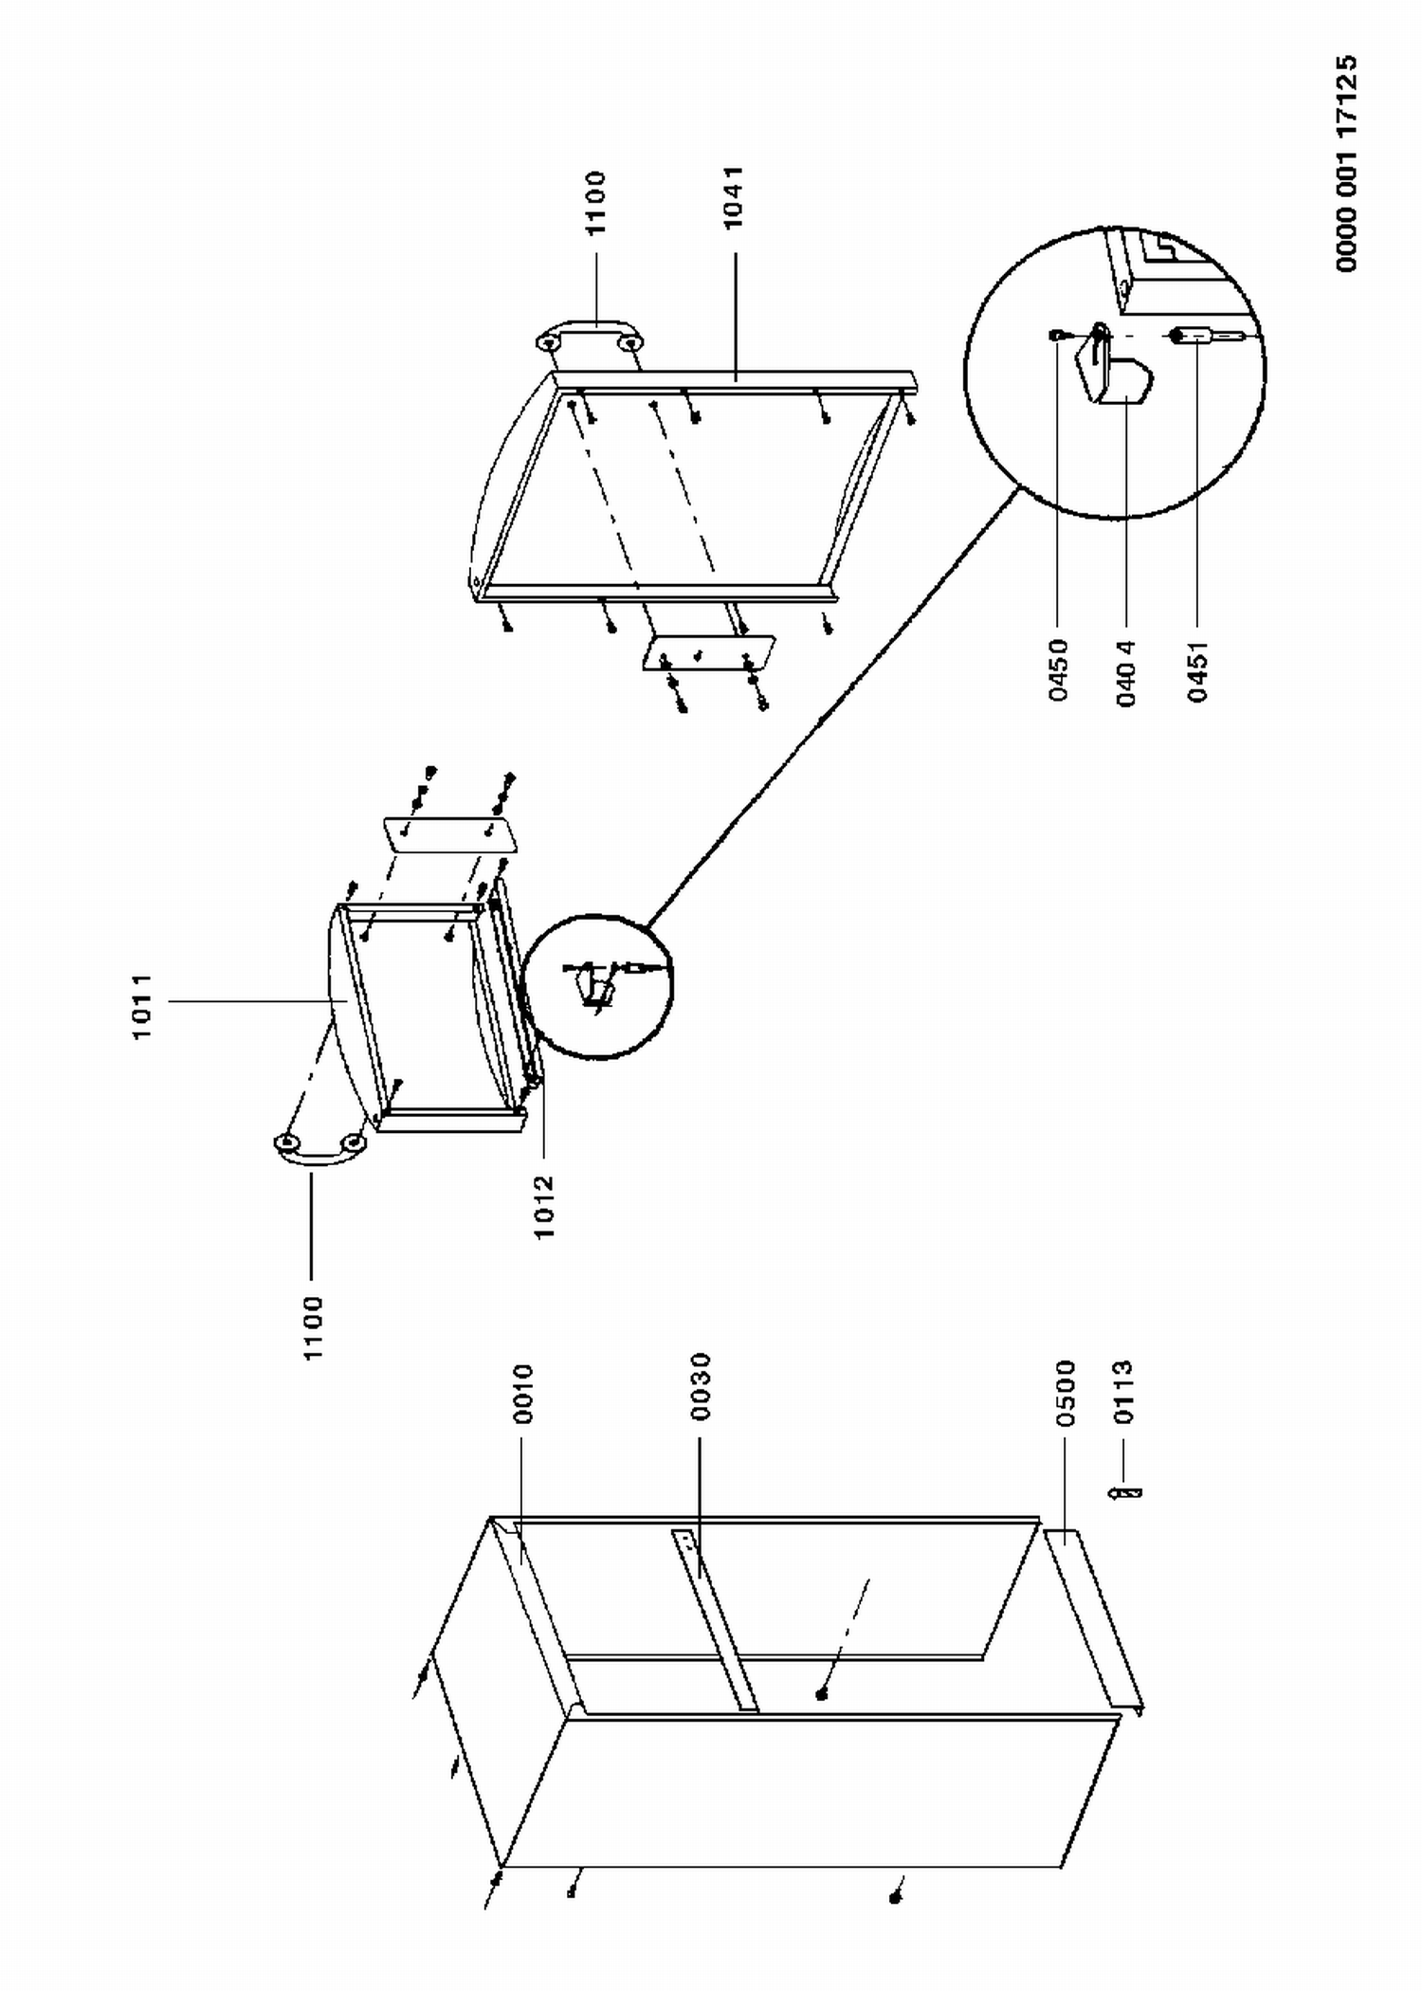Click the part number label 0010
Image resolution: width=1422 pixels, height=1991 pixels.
tap(523, 1394)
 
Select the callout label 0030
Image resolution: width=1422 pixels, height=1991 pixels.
tap(701, 1386)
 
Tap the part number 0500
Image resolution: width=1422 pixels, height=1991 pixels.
tap(1066, 1393)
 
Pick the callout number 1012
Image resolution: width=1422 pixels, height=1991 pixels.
tap(543, 1207)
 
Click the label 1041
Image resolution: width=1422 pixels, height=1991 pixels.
tap(733, 197)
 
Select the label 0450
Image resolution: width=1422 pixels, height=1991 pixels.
tap(1059, 670)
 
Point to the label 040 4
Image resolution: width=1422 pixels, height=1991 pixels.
tap(1126, 673)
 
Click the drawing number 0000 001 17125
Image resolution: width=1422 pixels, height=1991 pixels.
tap(1346, 163)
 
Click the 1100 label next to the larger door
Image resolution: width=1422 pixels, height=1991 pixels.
tap(594, 203)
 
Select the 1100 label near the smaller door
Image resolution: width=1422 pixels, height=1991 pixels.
tap(313, 1329)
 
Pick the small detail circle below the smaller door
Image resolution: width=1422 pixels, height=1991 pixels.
tap(598, 986)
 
